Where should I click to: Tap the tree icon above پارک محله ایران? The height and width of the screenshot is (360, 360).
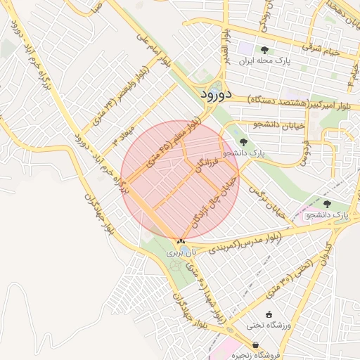[x=264, y=50]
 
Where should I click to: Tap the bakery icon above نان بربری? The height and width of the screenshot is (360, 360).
[x=181, y=241]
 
